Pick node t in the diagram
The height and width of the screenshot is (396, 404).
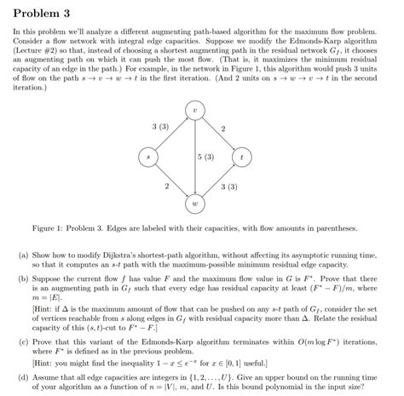click(x=245, y=158)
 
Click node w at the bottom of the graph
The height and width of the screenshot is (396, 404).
click(x=196, y=205)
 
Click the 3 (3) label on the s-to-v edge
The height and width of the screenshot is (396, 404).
click(x=159, y=126)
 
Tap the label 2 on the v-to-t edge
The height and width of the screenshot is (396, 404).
click(x=223, y=129)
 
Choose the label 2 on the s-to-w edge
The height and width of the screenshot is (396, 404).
click(x=166, y=186)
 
